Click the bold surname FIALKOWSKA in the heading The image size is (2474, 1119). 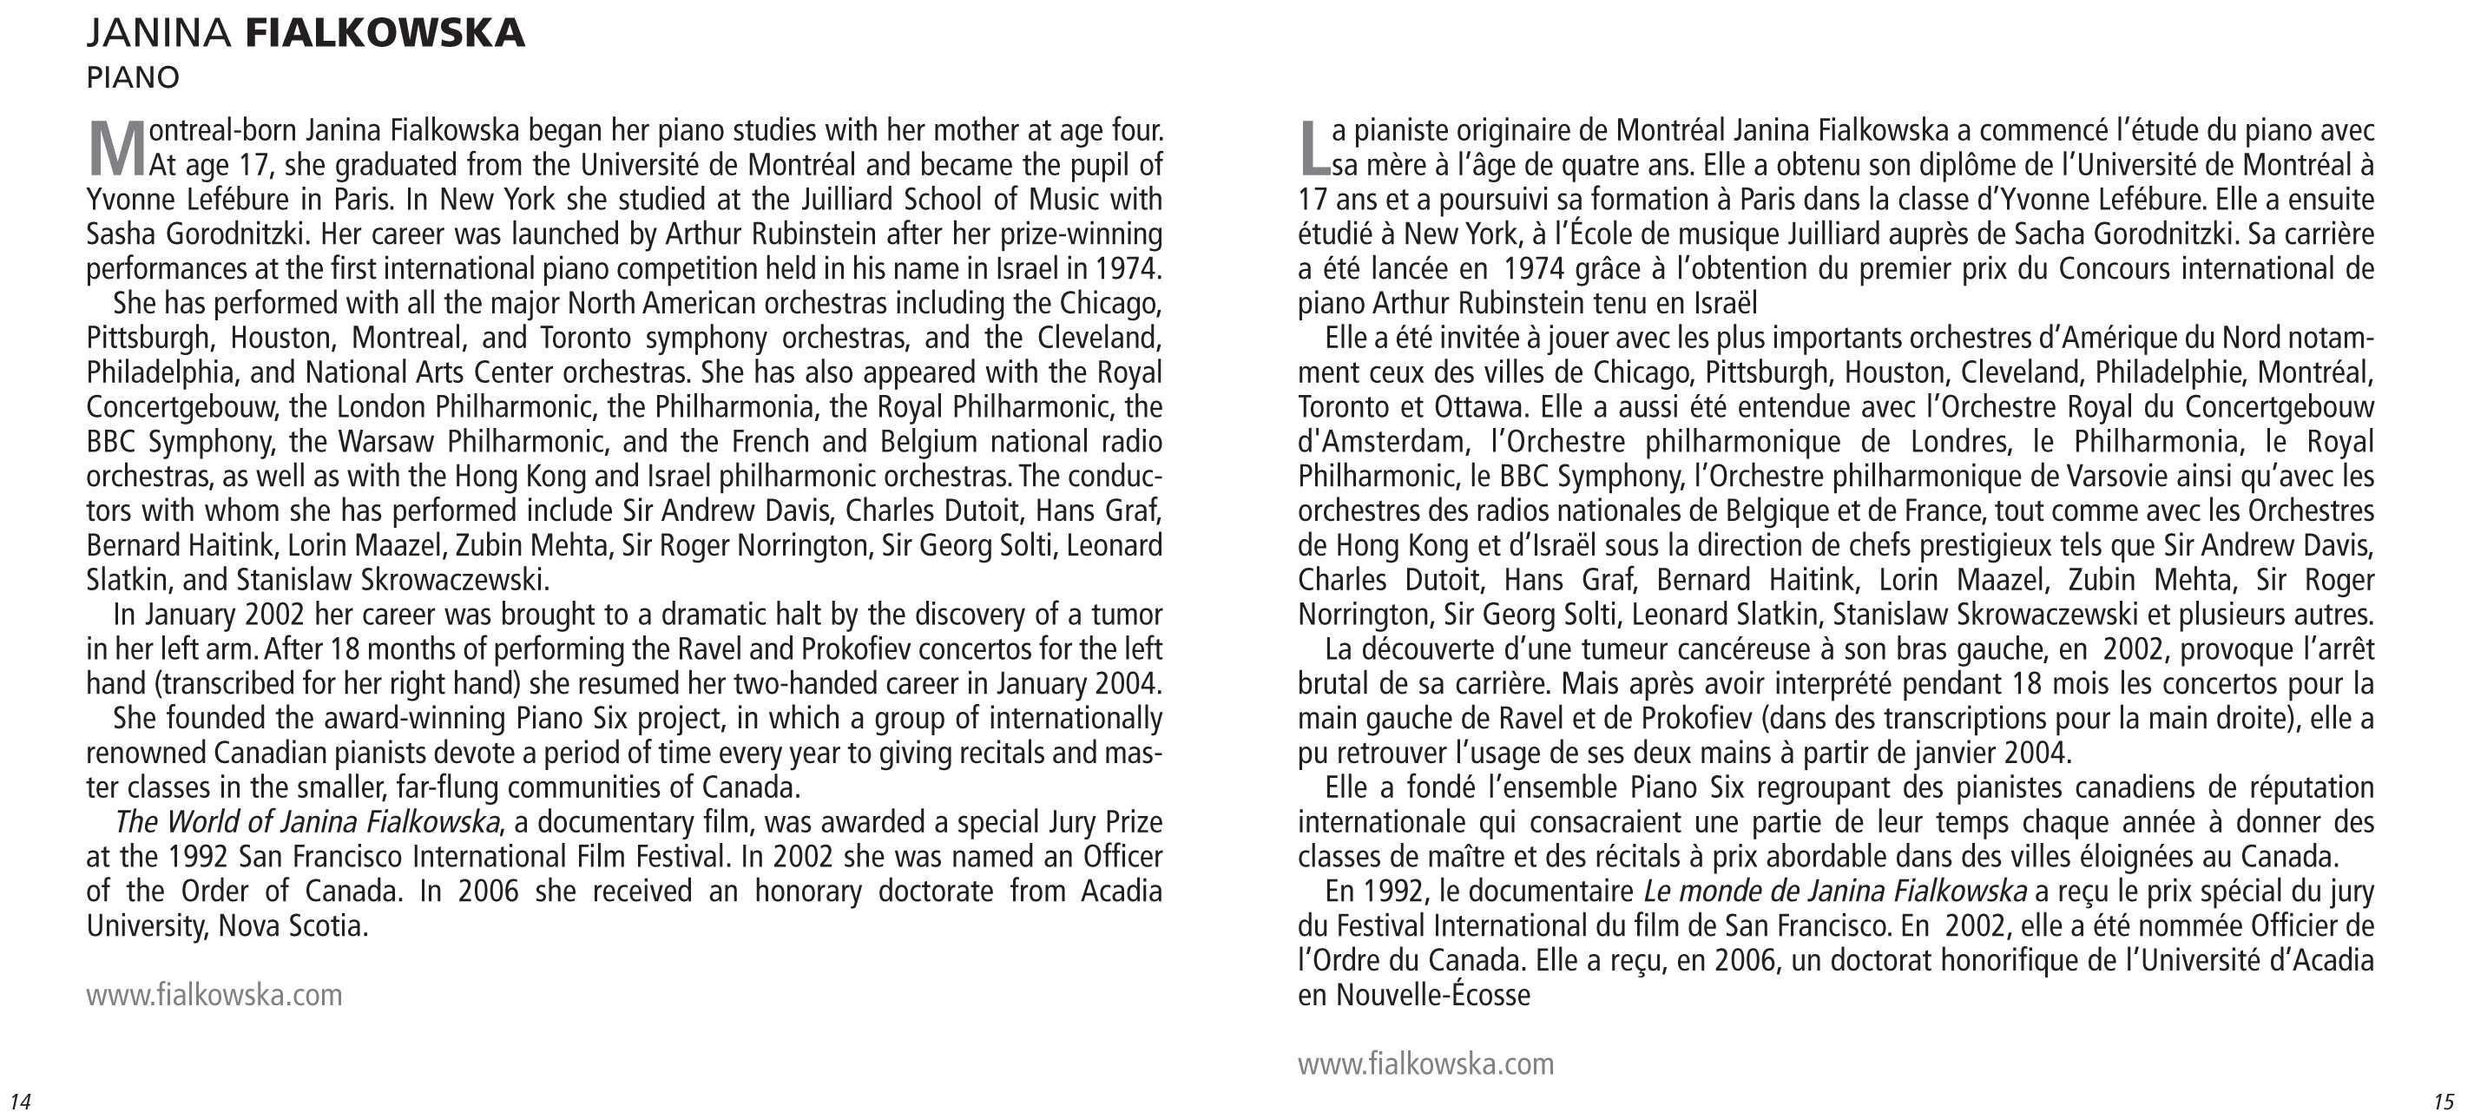pos(385,34)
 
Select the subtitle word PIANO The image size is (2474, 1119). pos(133,78)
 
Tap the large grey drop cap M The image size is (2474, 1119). pos(116,148)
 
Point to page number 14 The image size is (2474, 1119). pos(19,1101)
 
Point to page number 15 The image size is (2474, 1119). pos(2444,1101)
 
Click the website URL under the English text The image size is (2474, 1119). pos(214,995)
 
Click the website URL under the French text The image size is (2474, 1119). pos(1425,1064)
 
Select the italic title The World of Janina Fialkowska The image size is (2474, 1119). pos(306,823)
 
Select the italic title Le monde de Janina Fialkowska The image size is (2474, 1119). pos(1834,892)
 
